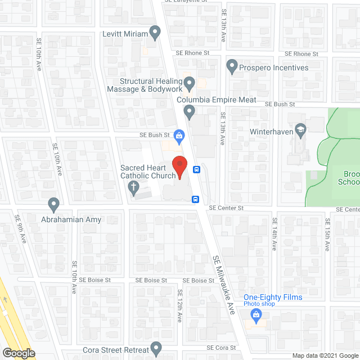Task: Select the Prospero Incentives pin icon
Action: tap(231, 67)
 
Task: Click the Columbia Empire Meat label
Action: tap(217, 100)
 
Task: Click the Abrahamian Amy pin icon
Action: tap(54, 203)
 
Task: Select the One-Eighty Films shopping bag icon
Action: tap(256, 315)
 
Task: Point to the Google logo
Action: tap(18, 353)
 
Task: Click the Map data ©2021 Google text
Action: tap(324, 355)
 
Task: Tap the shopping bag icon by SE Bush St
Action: tap(179, 135)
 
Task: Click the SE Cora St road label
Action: tap(219, 348)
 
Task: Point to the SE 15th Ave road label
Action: tap(327, 234)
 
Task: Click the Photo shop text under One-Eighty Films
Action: tap(259, 304)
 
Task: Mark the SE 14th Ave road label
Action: tap(275, 234)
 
